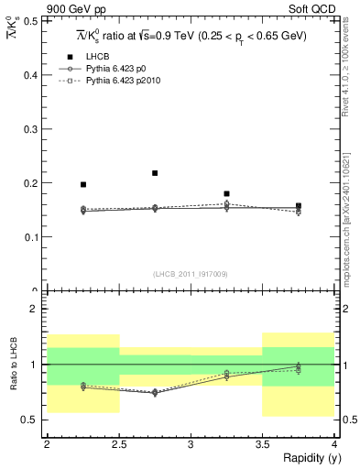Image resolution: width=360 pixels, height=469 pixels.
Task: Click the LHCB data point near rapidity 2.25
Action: tap(83, 185)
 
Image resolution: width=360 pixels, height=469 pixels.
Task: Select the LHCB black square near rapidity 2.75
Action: tap(155, 173)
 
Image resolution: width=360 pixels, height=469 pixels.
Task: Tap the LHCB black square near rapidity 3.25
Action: tap(226, 194)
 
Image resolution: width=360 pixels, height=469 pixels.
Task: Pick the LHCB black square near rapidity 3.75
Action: tap(299, 206)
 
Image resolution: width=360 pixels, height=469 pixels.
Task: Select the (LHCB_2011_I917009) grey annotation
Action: tap(191, 274)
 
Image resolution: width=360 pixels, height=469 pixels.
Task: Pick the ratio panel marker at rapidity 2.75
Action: tap(155, 393)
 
